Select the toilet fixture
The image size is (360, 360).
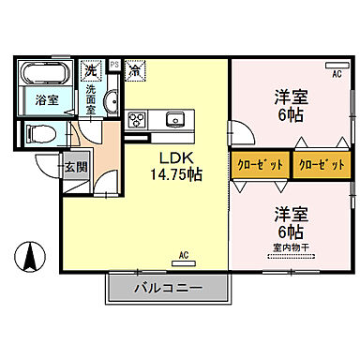pyautogui.click(x=41, y=131)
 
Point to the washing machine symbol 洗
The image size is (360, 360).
pyautogui.click(x=90, y=69)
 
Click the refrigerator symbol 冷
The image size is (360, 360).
pyautogui.click(x=135, y=69)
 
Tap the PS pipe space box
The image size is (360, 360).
pyautogui.click(x=114, y=65)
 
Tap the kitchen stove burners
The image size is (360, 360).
pyautogui.click(x=137, y=119)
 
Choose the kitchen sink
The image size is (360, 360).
pyautogui.click(x=174, y=119)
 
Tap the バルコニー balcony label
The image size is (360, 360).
pyautogui.click(x=168, y=288)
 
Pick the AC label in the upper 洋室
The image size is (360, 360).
pyautogui.click(x=335, y=71)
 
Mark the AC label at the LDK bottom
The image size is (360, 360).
pyautogui.click(x=184, y=254)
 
